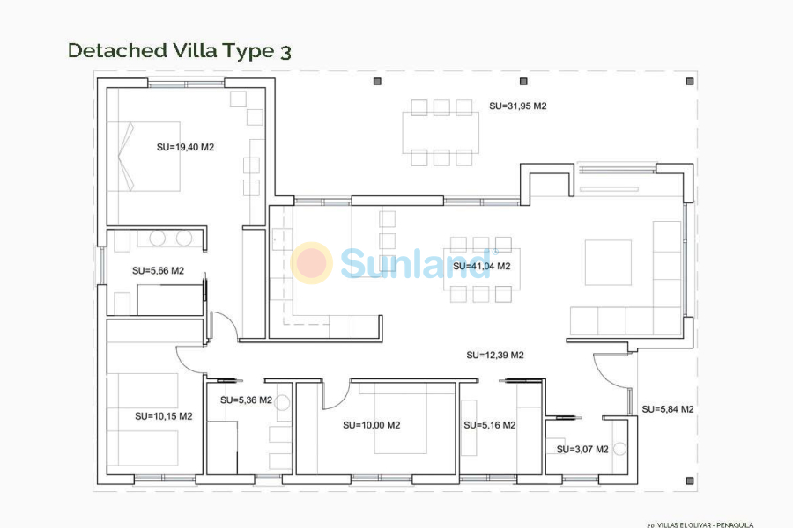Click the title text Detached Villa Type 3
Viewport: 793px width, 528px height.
tap(179, 51)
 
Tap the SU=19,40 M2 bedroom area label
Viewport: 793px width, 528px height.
tap(185, 148)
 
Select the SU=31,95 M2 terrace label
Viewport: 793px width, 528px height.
tap(518, 106)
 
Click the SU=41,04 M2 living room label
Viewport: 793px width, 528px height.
tap(481, 266)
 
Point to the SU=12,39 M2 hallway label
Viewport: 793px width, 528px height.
tap(494, 356)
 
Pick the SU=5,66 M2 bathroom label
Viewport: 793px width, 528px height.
tap(158, 271)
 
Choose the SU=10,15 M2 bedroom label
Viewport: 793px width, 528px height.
tap(163, 416)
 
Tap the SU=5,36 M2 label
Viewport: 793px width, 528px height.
tap(246, 400)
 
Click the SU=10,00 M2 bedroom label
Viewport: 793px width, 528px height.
tap(371, 425)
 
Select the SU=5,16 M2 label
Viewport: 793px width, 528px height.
tap(489, 425)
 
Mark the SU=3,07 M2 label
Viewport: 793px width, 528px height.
tap(582, 449)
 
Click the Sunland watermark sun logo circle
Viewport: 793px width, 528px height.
tap(312, 263)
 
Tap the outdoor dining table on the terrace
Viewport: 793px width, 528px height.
tap(441, 133)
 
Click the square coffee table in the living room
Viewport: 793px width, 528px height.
tap(608, 262)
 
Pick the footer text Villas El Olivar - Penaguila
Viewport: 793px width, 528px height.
tap(700, 524)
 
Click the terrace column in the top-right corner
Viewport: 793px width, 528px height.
tap(687, 81)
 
